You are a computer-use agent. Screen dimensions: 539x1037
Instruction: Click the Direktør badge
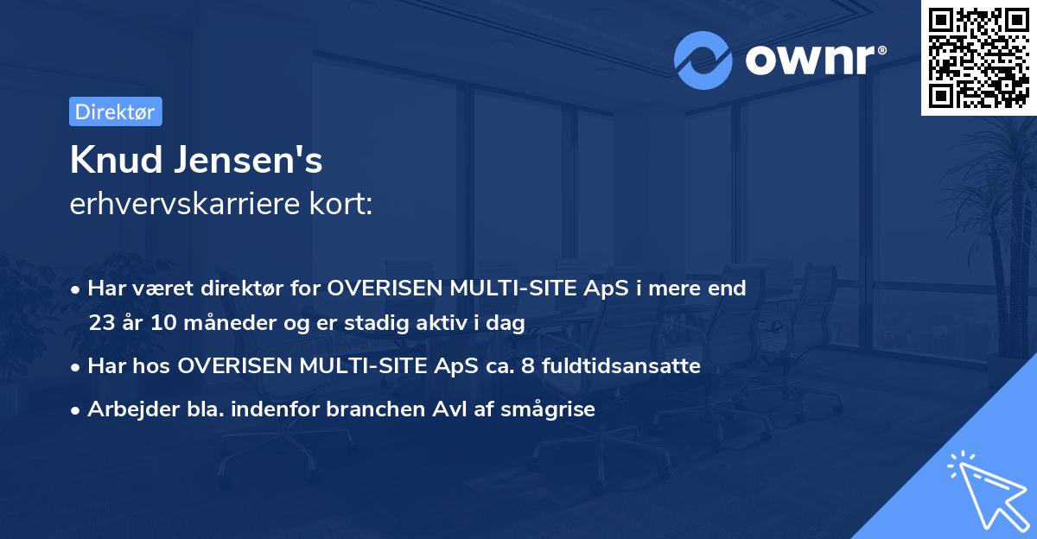pos(115,111)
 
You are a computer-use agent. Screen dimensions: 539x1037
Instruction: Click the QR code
pos(977,57)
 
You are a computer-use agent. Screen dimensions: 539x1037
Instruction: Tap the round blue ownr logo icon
pos(703,60)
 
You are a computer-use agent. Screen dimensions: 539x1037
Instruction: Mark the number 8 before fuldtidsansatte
pos(527,366)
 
